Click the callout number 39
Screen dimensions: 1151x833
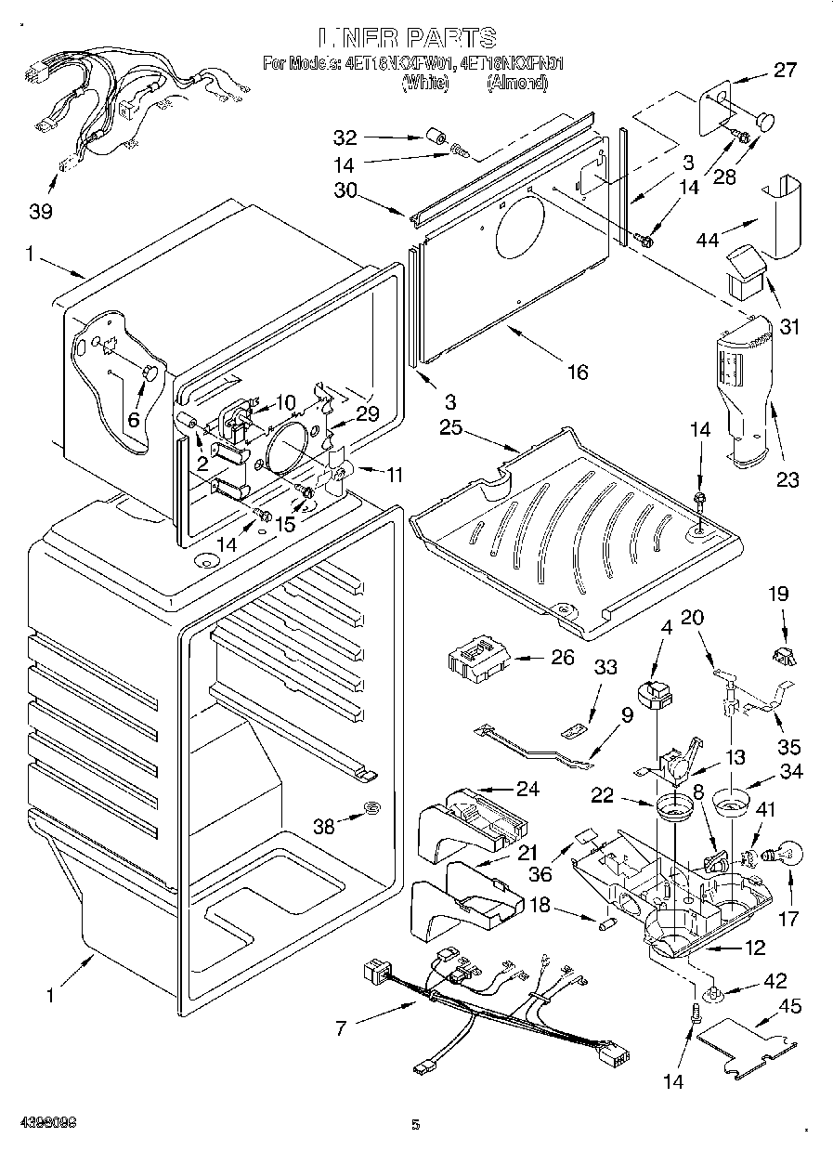pyautogui.click(x=40, y=211)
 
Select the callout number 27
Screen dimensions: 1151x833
pyautogui.click(x=785, y=70)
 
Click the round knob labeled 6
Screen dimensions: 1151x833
pyautogui.click(x=149, y=373)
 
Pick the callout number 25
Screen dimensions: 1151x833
pyautogui.click(x=451, y=427)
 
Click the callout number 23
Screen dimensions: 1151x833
pyautogui.click(x=787, y=479)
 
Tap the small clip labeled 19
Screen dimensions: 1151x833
pyautogui.click(x=783, y=654)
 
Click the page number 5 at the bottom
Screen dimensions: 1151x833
pyautogui.click(x=416, y=1124)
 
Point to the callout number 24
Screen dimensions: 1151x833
pyautogui.click(x=527, y=790)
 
